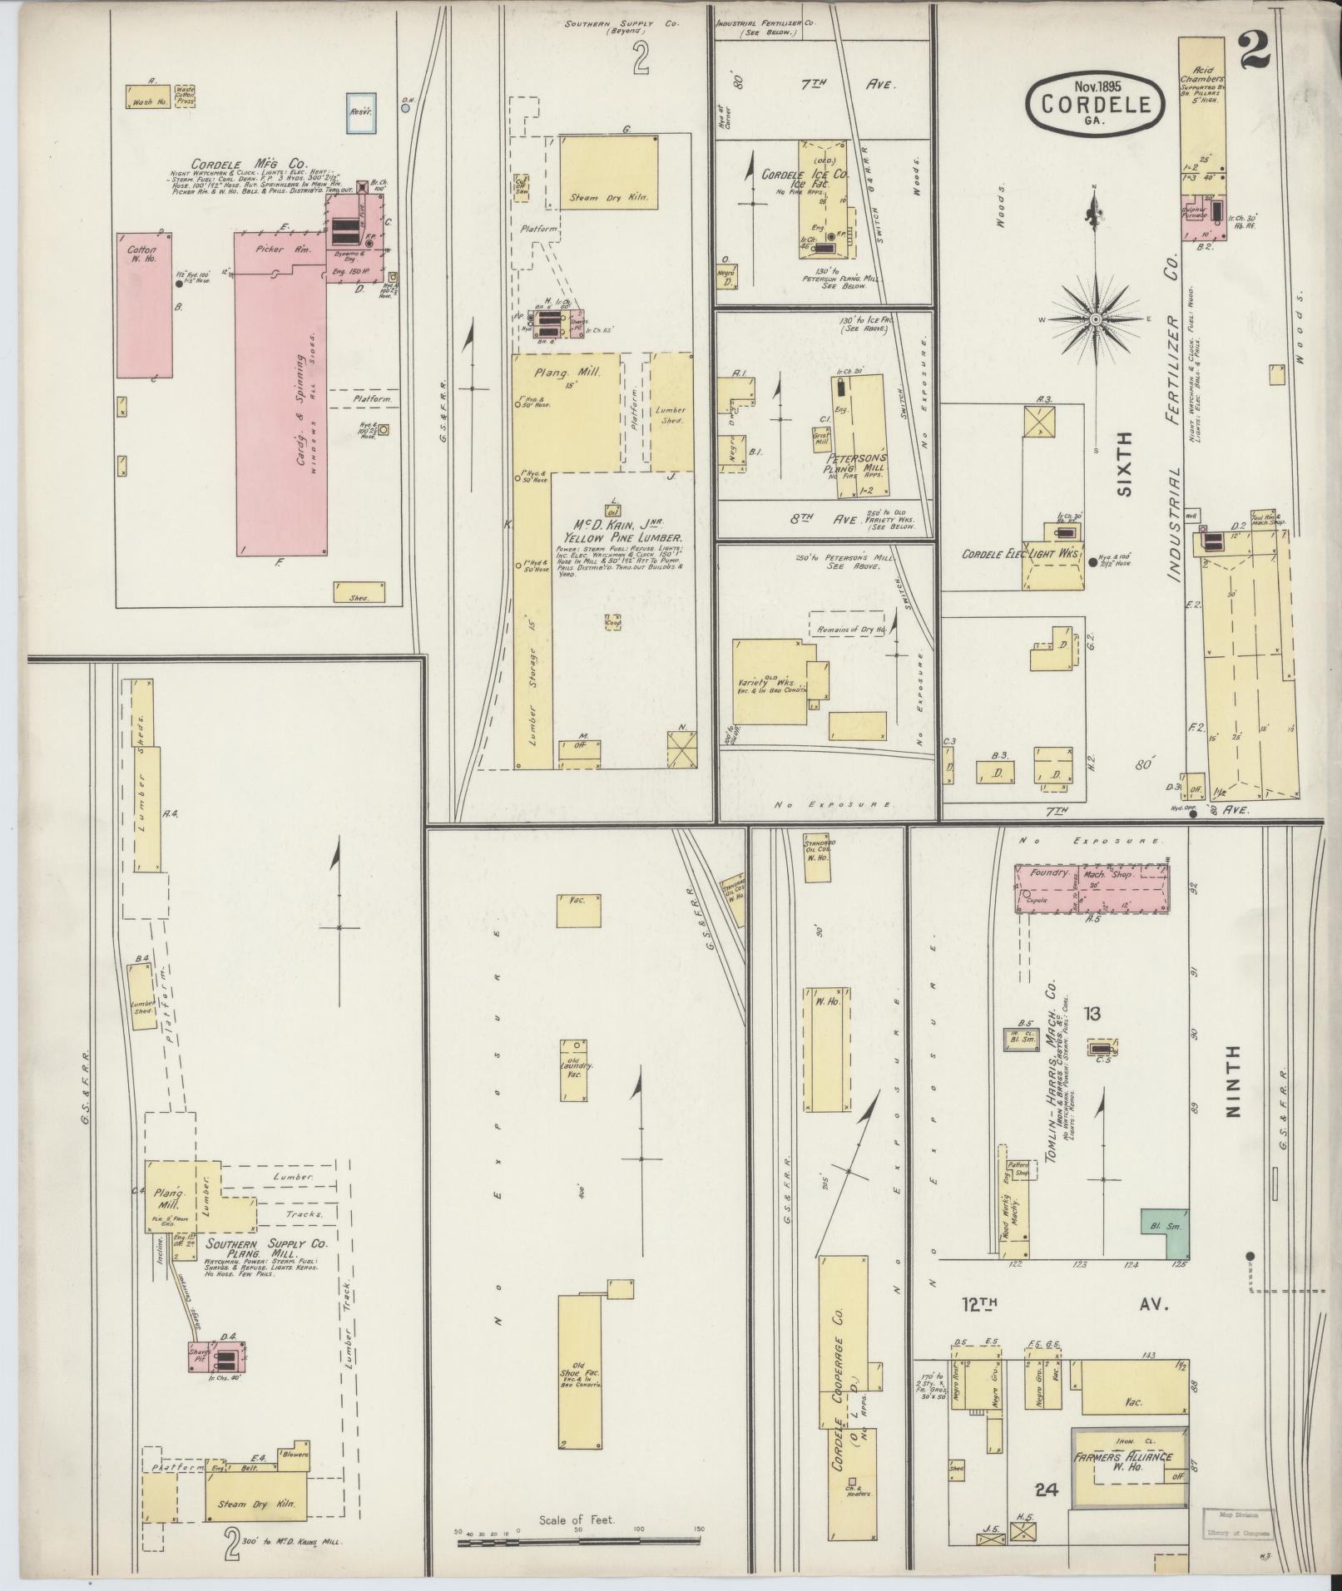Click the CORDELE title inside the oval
coord(1093,105)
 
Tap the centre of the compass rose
coord(1096,319)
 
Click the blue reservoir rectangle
coord(359,111)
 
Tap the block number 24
coord(1047,1490)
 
